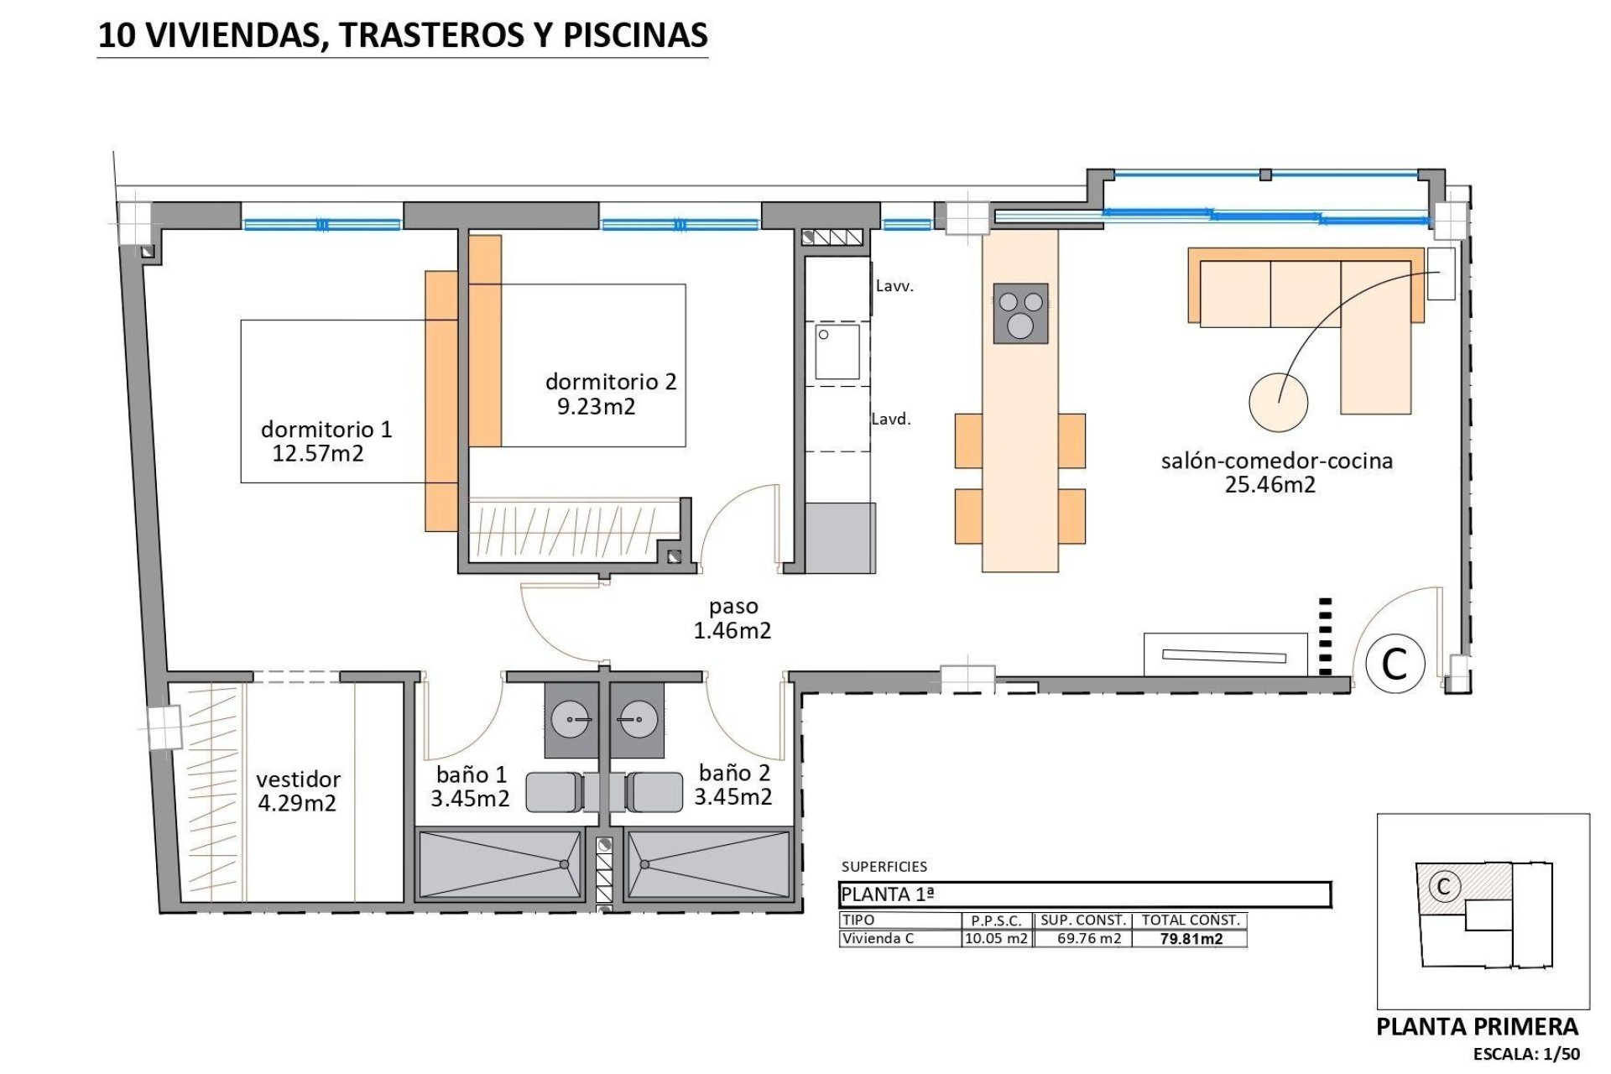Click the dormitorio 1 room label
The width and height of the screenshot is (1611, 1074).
[326, 430]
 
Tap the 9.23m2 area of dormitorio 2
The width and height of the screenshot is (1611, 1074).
[596, 407]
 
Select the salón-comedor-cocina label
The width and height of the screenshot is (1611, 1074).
[1276, 461]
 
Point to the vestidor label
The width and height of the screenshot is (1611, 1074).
[298, 779]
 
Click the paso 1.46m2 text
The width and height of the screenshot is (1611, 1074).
[733, 618]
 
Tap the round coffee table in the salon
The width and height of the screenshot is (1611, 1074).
[1278, 402]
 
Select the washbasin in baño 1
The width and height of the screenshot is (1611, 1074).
[571, 720]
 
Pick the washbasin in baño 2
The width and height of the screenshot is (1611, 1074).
[637, 720]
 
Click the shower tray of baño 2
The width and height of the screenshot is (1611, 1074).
[708, 865]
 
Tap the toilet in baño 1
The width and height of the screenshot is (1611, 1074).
[555, 792]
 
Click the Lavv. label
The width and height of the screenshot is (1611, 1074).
[894, 286]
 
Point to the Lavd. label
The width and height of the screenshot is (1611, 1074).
[890, 420]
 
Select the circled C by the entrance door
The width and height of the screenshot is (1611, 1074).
[1395, 664]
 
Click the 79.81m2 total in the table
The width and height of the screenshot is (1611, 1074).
[1191, 939]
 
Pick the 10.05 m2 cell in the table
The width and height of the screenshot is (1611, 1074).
[996, 939]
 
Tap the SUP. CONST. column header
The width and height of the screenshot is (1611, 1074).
[1082, 920]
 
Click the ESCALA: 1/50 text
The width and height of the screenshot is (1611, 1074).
[1526, 1054]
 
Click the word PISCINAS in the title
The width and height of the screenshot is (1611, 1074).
[635, 35]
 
